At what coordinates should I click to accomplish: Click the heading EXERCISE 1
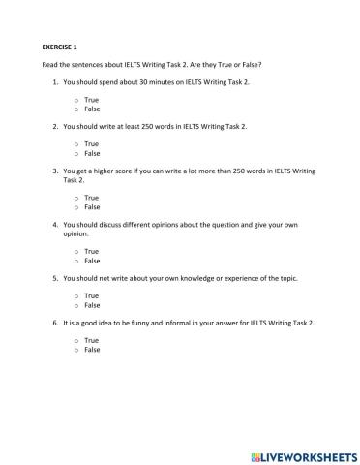click(61, 46)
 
